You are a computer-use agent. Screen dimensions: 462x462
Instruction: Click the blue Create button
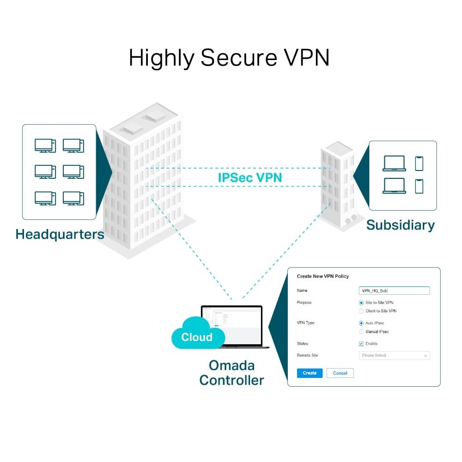tap(310, 373)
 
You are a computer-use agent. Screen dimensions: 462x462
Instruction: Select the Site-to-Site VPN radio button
tap(361, 303)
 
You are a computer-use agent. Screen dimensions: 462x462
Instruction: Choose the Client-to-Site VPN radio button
tap(361, 311)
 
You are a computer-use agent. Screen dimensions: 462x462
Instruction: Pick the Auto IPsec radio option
tap(361, 323)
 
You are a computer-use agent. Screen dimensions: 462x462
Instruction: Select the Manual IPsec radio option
tap(361, 332)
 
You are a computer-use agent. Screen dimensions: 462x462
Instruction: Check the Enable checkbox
tap(361, 344)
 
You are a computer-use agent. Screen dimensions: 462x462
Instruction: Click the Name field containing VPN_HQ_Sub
tap(394, 291)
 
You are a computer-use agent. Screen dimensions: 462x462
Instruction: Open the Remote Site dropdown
tap(394, 355)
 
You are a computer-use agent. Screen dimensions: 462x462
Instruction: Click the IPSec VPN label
tap(250, 177)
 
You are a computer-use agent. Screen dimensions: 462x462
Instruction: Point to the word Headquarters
tap(60, 234)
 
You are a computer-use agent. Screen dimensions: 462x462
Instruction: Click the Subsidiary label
tap(400, 225)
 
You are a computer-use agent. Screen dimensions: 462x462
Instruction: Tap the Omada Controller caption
tap(231, 372)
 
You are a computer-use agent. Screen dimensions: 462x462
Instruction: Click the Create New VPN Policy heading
tap(322, 276)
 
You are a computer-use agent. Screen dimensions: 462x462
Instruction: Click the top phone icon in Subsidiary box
tap(419, 164)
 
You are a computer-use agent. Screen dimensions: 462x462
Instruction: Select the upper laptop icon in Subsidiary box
tap(394, 164)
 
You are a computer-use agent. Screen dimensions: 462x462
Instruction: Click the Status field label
tap(303, 344)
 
